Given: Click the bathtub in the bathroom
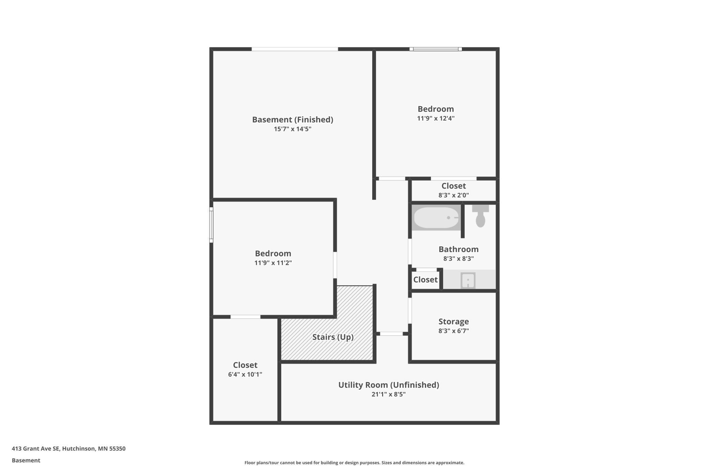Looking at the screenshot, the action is coord(436,217).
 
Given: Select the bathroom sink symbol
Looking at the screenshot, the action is coord(468,280).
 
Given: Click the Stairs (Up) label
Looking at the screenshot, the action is coord(333,337).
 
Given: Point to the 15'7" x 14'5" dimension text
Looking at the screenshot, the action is coord(292,129).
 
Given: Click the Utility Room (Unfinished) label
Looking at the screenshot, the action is coord(389,385).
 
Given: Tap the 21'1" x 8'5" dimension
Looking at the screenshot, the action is coord(389,394).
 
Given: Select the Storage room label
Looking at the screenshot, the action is coord(454,321).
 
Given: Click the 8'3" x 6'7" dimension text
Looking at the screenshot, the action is coord(454,331).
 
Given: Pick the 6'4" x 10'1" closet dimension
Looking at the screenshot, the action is coord(245,374).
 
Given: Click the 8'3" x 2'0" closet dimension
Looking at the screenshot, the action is coord(454,195).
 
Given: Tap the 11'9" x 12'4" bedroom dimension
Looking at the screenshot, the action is coord(436,118).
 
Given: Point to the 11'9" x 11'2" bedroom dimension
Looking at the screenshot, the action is coord(273,263).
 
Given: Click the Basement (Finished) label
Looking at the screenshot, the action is coord(292,120).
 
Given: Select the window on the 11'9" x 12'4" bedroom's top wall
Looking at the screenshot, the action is coord(436,49).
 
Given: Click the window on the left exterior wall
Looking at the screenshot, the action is coord(211,225).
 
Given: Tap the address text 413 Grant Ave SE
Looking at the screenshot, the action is coord(36,449).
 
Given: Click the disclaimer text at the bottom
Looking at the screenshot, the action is coord(354,462).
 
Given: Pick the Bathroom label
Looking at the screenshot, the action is coord(458,249).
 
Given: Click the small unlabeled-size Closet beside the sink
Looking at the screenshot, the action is coord(425,280).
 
